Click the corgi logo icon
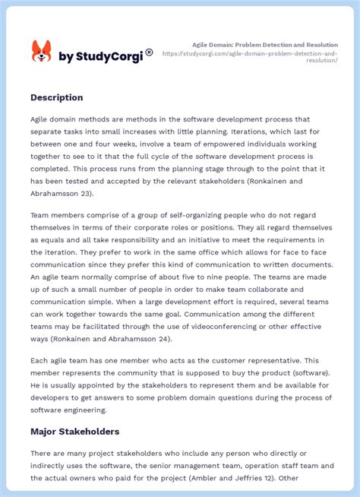(41, 52)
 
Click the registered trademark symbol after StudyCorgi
(149, 52)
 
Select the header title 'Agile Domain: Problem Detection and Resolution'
(264, 45)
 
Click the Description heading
(57, 97)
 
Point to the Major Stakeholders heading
(74, 432)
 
